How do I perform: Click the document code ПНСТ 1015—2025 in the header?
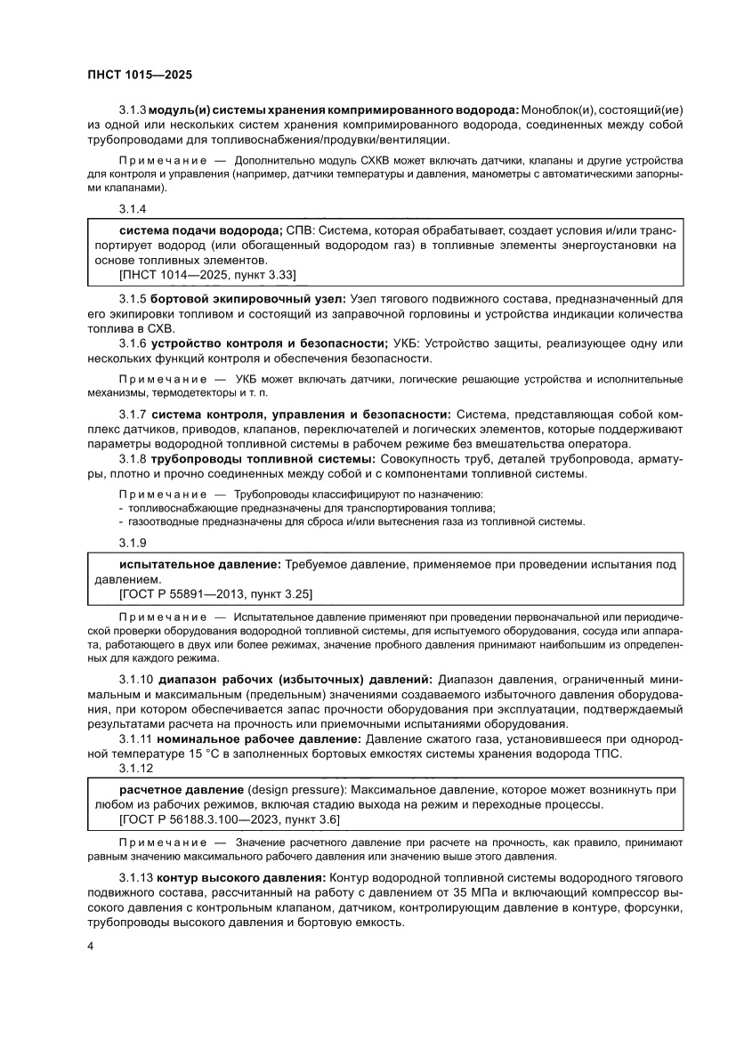coord(141,76)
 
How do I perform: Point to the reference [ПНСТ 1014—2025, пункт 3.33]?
coord(207,274)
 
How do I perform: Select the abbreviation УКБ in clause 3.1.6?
coord(406,343)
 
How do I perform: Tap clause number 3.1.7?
coord(133,414)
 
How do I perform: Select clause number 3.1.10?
coord(136,679)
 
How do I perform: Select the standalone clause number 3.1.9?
coord(133,542)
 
